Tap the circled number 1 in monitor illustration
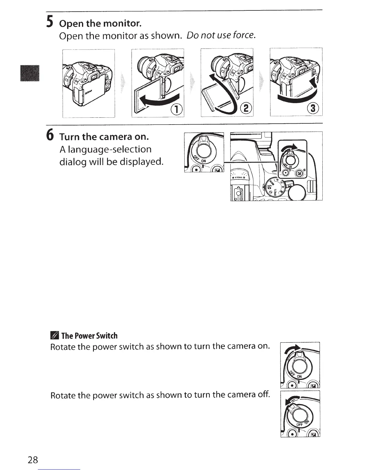(177, 110)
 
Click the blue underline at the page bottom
(60, 470)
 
